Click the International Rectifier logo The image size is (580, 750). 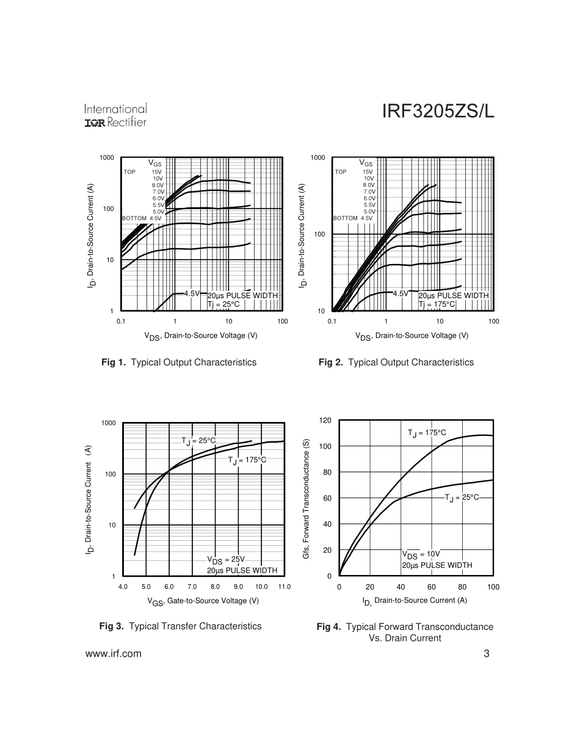click(x=115, y=115)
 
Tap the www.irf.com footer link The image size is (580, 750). click(x=114, y=654)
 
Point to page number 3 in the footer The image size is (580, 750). click(x=487, y=654)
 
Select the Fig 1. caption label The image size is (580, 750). click(x=114, y=362)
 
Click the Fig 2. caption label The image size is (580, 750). click(x=331, y=362)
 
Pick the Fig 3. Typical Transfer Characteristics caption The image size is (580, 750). click(x=180, y=626)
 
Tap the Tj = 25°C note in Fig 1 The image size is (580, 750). click(x=223, y=304)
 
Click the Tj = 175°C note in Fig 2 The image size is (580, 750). click(x=437, y=304)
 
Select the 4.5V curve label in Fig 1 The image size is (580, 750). click(x=192, y=293)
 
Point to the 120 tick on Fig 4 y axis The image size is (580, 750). click(x=325, y=420)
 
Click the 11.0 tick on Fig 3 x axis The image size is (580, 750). click(x=284, y=587)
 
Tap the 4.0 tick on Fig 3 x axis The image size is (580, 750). click(x=123, y=587)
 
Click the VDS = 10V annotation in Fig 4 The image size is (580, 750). click(x=421, y=554)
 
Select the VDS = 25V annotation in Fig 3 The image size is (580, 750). click(x=225, y=560)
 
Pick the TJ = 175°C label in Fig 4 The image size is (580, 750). click(x=427, y=432)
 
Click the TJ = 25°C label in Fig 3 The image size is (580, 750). click(x=198, y=440)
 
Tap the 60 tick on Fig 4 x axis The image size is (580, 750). click(x=432, y=587)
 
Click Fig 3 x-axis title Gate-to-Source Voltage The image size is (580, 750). click(x=203, y=601)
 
